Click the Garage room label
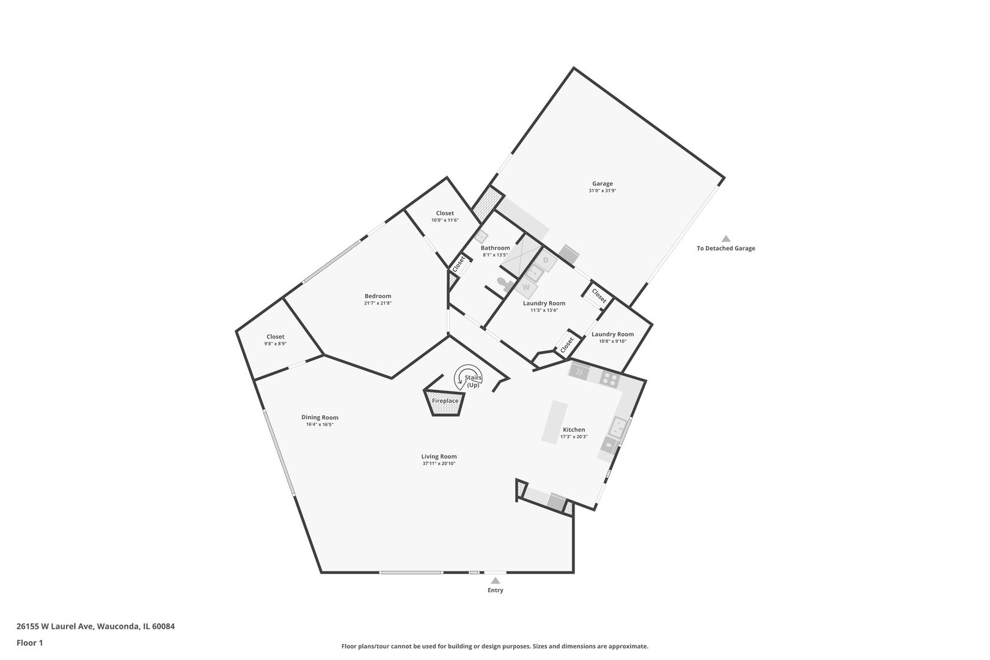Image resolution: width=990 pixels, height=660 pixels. tap(603, 183)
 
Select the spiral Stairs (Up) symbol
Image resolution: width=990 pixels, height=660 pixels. tap(468, 378)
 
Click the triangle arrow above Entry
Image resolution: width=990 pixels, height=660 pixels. tap(496, 581)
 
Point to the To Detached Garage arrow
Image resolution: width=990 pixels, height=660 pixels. tap(726, 239)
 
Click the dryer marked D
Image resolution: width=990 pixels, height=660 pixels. tap(546, 261)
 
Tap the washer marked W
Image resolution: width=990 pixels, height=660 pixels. tap(526, 287)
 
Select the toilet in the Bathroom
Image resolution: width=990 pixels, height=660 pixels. tap(505, 284)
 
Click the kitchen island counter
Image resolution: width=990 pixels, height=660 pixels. tap(555, 422)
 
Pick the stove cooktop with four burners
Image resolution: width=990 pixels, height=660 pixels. tap(610, 378)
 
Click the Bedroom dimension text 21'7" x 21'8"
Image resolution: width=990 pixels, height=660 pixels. tap(378, 303)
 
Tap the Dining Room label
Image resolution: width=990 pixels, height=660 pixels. tap(320, 417)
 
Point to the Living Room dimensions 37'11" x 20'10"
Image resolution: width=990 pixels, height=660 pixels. tap(439, 464)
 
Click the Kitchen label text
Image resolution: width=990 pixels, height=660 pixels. tap(574, 430)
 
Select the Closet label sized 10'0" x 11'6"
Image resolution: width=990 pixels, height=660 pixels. tap(445, 213)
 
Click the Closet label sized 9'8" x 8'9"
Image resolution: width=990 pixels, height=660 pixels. tap(276, 337)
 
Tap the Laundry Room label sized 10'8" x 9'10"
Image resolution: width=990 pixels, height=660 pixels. tap(612, 335)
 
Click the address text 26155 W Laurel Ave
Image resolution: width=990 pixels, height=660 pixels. tap(55, 626)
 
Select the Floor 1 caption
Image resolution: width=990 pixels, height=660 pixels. tap(29, 643)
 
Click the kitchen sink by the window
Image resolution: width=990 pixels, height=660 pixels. tap(618, 427)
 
